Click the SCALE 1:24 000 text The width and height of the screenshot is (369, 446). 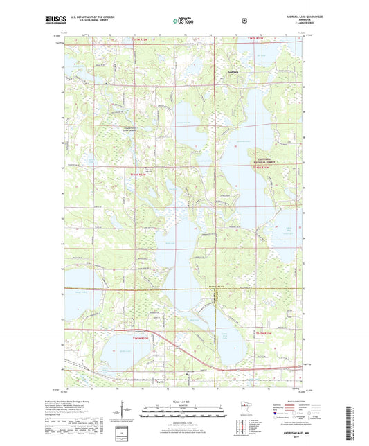click(183, 403)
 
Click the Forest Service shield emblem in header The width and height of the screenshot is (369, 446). click(244, 20)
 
